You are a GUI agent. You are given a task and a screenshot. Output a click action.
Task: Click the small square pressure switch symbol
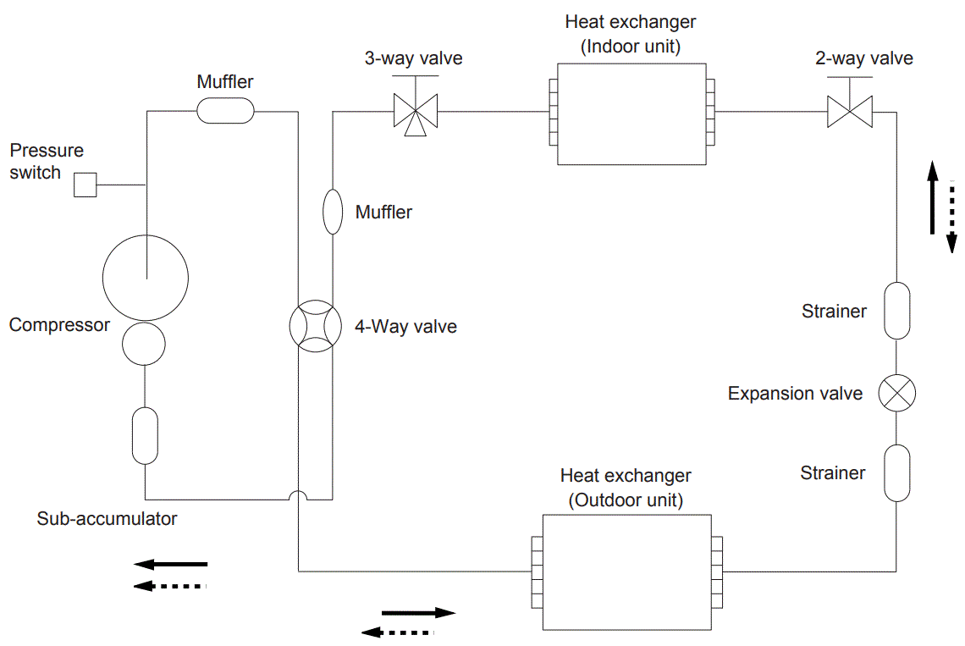point(85,185)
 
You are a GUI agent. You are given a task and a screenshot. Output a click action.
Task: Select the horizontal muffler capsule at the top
point(225,110)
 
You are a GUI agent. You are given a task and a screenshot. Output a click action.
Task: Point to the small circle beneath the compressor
point(145,344)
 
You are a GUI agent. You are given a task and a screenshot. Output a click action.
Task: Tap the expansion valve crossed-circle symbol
point(896,393)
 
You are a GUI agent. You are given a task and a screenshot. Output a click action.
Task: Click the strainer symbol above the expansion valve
point(896,311)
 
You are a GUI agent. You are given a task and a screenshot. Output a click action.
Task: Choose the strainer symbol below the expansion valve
point(896,472)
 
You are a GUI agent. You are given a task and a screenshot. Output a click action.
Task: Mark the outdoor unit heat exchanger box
point(626,571)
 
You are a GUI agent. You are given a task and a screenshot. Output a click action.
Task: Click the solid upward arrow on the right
point(932,198)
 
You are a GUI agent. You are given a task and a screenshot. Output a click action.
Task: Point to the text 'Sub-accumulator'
point(107,518)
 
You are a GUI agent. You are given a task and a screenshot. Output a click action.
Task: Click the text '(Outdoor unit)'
point(626,500)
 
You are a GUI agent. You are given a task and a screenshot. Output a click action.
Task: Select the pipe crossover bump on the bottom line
point(299,496)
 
